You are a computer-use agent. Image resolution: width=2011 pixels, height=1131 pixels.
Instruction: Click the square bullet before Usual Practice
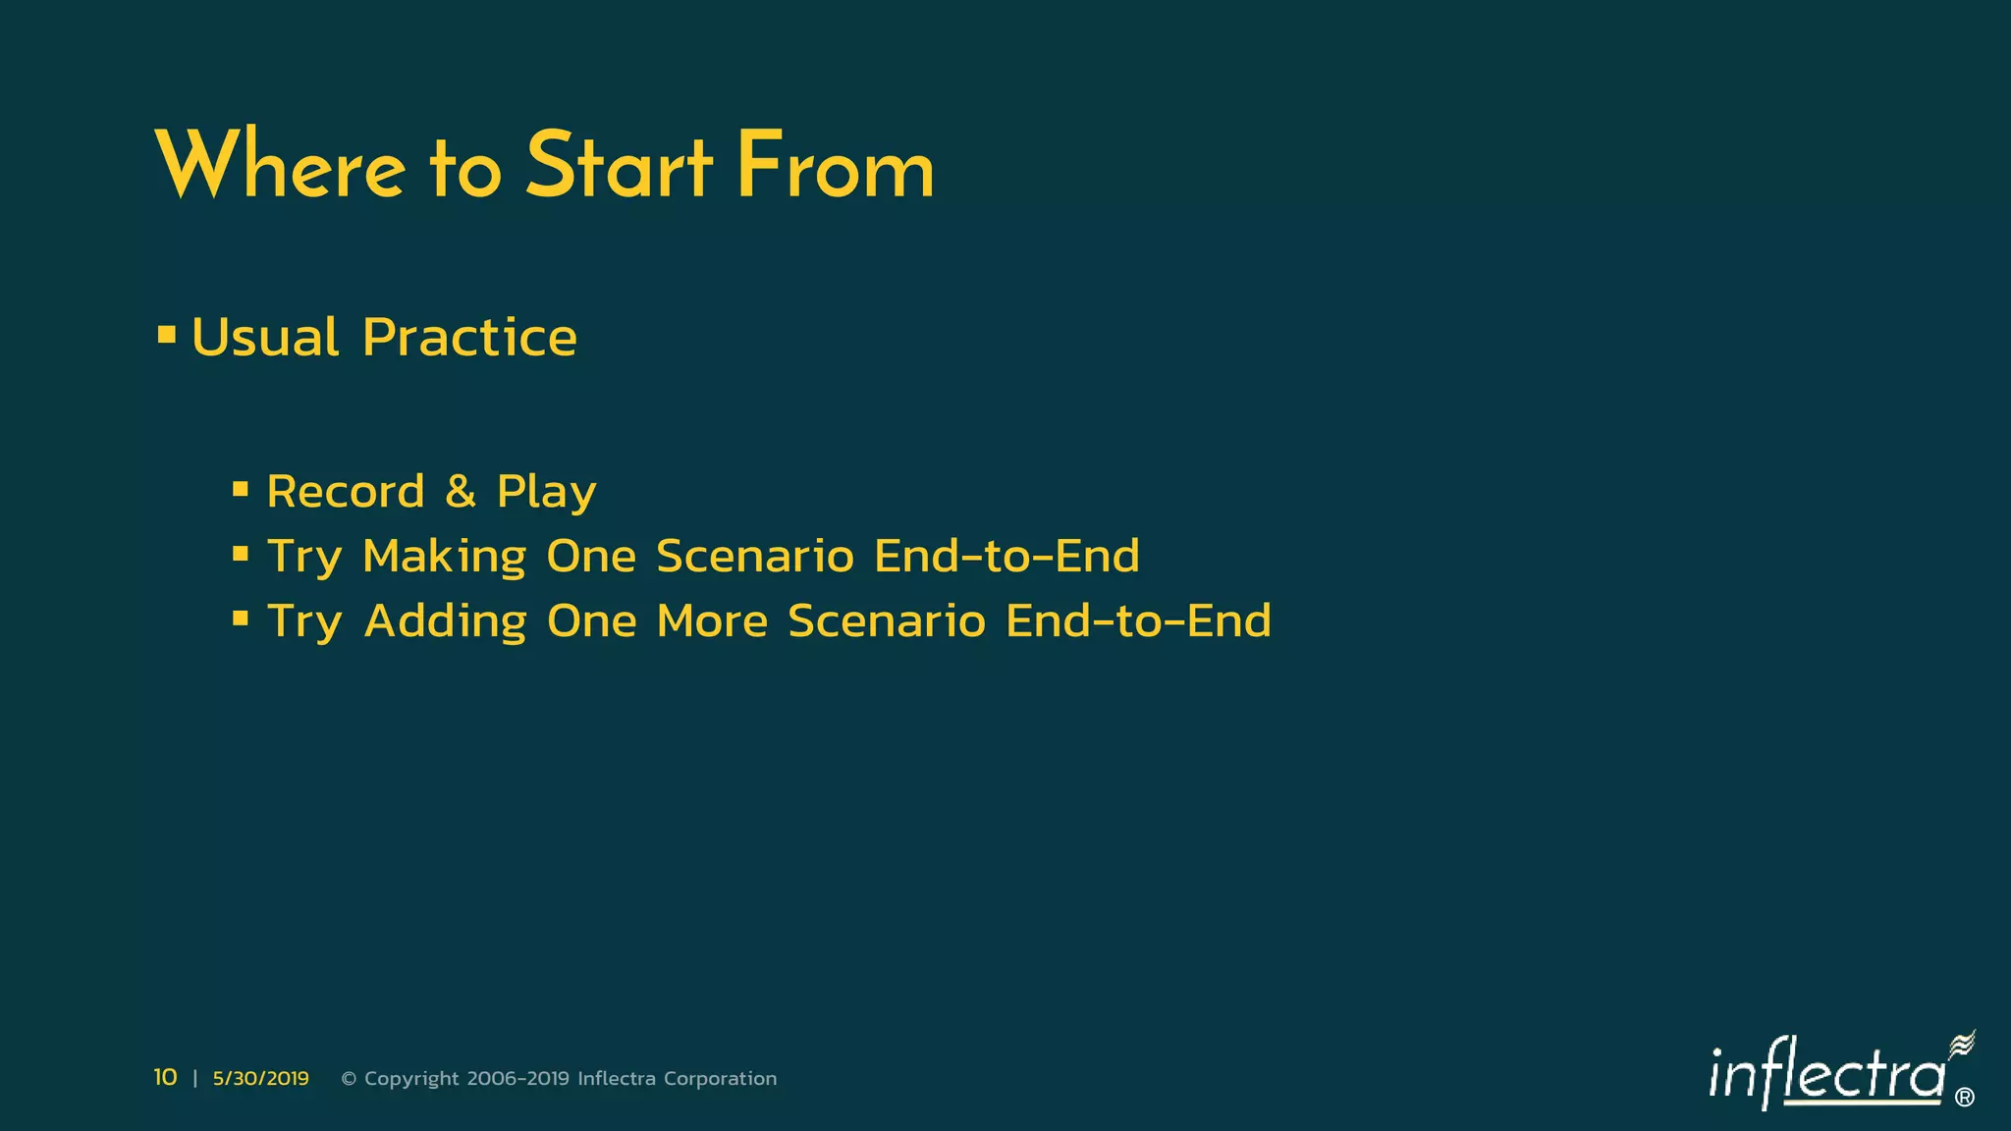pos(167,336)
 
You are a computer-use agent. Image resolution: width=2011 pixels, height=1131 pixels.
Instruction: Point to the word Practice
pos(469,338)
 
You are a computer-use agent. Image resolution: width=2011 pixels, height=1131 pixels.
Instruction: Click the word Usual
pos(265,338)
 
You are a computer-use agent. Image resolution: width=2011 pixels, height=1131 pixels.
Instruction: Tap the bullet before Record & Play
pos(241,489)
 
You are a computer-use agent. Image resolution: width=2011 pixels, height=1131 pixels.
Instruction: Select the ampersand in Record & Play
pos(461,491)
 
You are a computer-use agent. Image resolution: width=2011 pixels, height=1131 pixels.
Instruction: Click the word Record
pos(346,491)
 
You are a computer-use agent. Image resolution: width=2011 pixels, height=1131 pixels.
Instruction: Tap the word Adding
pos(445,621)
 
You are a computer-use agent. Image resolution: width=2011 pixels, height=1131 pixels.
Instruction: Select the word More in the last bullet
pos(712,621)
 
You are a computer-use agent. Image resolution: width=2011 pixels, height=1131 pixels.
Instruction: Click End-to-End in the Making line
pos(1006,556)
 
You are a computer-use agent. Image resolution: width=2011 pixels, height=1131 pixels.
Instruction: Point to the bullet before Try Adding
pos(241,619)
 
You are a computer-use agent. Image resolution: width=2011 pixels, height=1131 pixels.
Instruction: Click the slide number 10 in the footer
pos(165,1078)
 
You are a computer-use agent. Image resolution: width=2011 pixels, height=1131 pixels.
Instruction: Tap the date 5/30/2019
pos(260,1079)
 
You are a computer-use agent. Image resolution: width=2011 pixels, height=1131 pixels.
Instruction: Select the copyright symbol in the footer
pos(349,1079)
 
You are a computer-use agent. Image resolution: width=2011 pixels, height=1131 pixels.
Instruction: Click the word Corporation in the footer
pos(720,1079)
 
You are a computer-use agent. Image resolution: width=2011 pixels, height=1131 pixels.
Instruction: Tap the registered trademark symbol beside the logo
pos(1965,1098)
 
